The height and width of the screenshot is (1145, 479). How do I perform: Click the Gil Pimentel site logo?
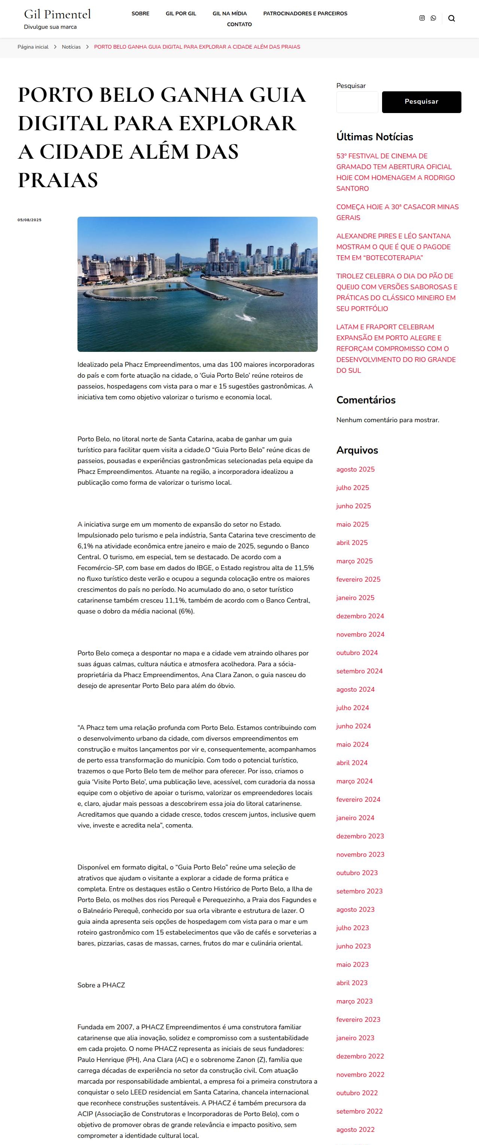(57, 14)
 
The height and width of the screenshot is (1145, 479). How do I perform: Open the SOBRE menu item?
(140, 13)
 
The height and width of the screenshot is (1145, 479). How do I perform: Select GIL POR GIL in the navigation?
(181, 13)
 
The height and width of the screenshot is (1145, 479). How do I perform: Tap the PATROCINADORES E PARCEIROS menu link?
(305, 13)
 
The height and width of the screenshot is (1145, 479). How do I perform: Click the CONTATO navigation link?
(239, 24)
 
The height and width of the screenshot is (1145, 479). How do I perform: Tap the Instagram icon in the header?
(422, 18)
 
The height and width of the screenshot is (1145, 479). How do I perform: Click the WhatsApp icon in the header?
(433, 18)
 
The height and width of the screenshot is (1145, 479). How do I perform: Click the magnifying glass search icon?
(451, 18)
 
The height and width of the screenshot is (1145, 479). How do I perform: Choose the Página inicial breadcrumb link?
(33, 47)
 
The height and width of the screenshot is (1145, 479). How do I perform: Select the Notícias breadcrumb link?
(71, 47)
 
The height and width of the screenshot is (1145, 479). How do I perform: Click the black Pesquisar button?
(421, 102)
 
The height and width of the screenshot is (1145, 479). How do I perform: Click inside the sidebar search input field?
(357, 102)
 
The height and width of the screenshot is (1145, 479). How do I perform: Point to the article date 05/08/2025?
(29, 220)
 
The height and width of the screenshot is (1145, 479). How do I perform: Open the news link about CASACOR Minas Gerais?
(397, 212)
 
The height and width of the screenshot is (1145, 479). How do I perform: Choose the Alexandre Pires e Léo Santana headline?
(393, 247)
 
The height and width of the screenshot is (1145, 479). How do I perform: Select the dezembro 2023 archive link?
(360, 836)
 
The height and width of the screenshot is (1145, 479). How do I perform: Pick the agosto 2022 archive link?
(355, 1129)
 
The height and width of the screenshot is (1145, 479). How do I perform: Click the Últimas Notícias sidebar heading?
(375, 137)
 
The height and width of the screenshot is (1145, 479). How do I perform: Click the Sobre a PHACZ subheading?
(101, 985)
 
